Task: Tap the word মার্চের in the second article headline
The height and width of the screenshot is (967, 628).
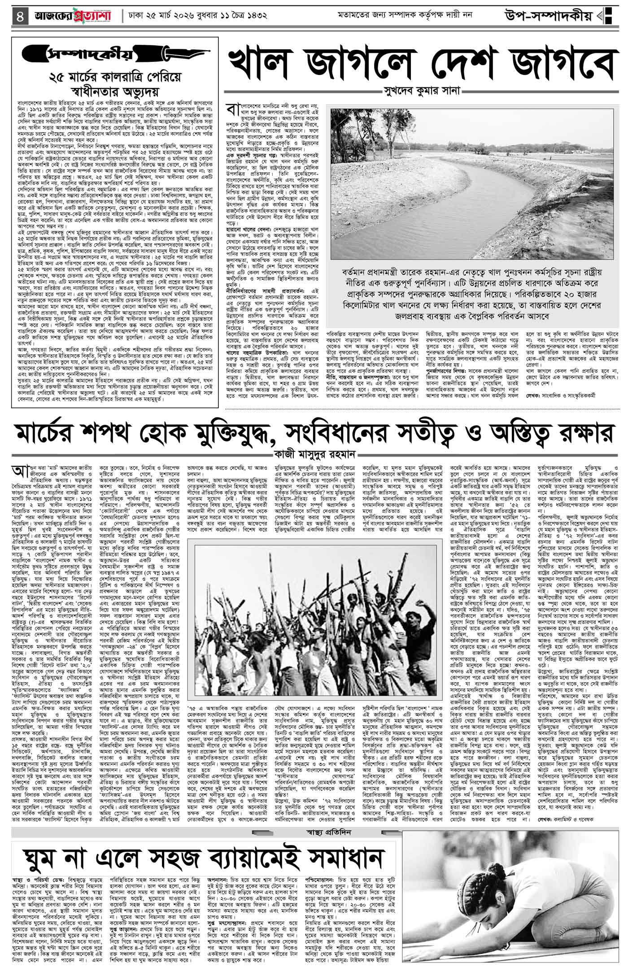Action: coord(58,435)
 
